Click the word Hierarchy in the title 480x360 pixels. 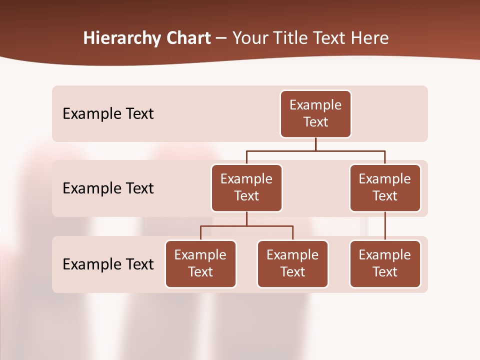pos(115,38)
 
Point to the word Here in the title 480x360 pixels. pos(369,38)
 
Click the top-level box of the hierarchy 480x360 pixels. pos(315,113)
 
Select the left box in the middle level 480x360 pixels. pos(246,187)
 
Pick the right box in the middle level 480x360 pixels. pos(385,187)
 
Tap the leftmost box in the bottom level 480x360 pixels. pos(200,263)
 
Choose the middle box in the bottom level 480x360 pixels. pos(292,263)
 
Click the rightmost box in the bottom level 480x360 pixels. pos(385,263)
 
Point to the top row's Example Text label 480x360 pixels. pos(108,114)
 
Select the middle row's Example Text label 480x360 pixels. pos(108,188)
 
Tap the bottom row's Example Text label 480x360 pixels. pos(108,264)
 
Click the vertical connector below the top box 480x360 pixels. pos(315,144)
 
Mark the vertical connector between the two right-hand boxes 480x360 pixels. pos(385,226)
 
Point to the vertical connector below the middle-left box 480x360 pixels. pos(246,219)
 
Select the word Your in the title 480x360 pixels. pos(248,38)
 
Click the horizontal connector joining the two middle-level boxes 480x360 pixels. pos(315,150)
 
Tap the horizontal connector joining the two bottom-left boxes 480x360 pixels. pos(246,226)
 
